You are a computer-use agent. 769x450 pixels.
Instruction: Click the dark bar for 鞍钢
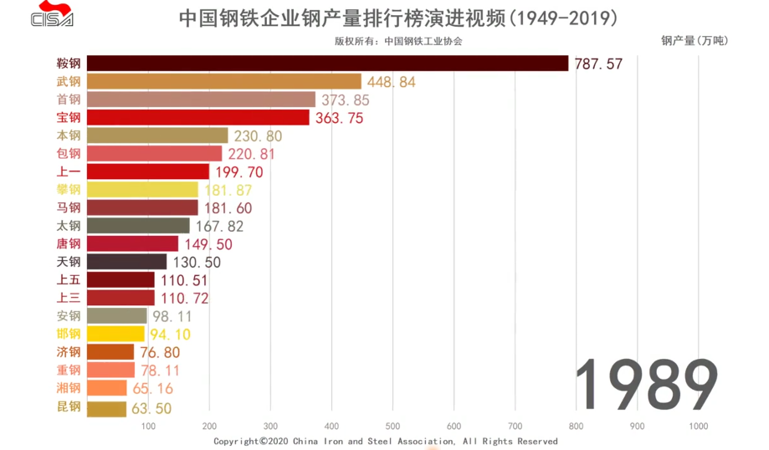click(327, 64)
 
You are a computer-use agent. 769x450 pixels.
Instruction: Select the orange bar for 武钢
click(223, 81)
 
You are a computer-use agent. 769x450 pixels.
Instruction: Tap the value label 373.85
click(346, 100)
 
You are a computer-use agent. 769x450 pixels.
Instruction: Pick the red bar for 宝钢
click(197, 117)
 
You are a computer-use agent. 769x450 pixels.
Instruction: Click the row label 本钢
click(69, 136)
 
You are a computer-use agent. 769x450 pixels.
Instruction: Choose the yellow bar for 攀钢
click(142, 190)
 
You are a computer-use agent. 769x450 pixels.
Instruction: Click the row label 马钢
click(69, 207)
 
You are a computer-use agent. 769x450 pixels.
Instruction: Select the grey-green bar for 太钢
click(138, 226)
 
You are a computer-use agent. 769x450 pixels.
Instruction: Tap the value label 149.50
click(208, 244)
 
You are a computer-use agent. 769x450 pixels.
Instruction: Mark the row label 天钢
click(69, 262)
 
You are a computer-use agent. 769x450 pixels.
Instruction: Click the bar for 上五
click(120, 279)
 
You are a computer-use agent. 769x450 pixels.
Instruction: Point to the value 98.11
click(172, 316)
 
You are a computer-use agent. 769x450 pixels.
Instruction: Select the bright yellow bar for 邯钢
click(115, 334)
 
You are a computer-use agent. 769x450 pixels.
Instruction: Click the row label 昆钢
click(69, 407)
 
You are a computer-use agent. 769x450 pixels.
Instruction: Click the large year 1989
click(649, 386)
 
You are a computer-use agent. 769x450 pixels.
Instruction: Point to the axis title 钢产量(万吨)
click(694, 40)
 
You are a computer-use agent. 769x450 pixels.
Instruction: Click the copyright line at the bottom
click(385, 441)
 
